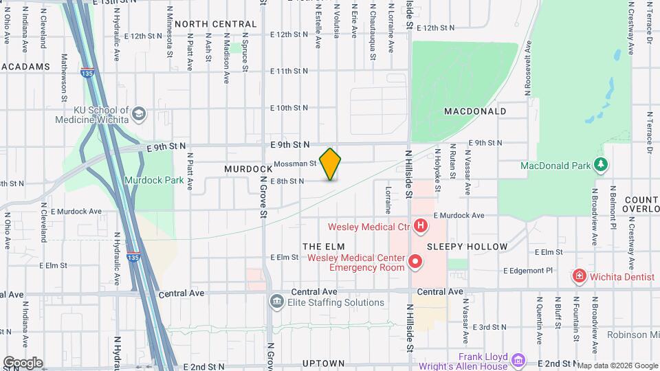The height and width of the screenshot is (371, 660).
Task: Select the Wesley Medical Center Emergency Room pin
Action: pos(415,262)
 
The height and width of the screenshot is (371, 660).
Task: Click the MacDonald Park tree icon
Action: pos(601,165)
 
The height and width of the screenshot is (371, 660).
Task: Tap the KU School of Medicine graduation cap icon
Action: pos(140,113)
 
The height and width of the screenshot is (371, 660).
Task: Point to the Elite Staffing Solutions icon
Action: pos(276,302)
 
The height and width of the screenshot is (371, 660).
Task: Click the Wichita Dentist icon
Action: pos(580,276)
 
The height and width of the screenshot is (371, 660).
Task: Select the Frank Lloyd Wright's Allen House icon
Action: pos(519,359)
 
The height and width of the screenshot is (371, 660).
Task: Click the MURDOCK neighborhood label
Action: pos(248,169)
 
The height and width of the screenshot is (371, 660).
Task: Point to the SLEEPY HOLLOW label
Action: pos(467,246)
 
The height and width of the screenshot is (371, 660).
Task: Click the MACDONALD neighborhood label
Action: pos(475,111)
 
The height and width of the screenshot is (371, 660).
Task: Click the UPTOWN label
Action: pos(323,363)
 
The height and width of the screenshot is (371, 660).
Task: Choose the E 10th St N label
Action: pos(289,108)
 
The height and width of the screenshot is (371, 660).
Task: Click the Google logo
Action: pos(23,363)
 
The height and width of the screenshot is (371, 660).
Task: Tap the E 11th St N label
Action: pos(289,71)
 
